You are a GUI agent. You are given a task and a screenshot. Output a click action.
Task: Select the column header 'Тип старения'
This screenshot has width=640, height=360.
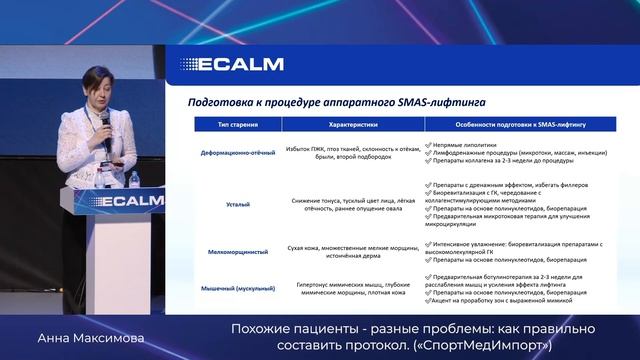tap(232, 124)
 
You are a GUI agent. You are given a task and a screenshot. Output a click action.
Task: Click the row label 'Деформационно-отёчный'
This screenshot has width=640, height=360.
tap(233, 151)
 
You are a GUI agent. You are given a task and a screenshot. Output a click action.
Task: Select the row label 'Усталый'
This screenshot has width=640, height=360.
tap(233, 203)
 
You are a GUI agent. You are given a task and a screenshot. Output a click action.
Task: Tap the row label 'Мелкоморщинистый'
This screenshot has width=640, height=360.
tap(233, 252)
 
